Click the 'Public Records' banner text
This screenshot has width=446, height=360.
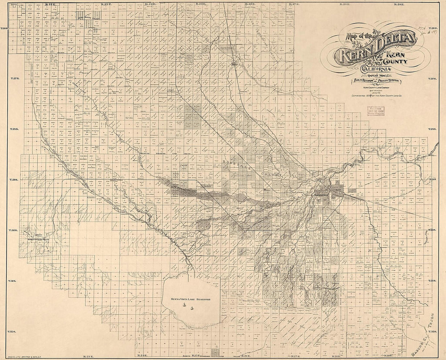point(362,81)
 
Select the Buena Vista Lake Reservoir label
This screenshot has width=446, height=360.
point(192,299)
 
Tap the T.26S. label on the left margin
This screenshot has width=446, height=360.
point(5,28)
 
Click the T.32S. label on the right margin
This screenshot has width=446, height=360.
point(433,332)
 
